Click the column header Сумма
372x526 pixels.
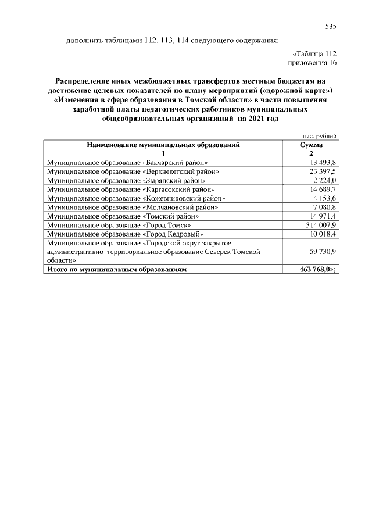click(311, 145)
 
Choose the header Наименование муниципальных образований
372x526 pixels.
click(163, 145)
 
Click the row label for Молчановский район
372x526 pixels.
click(133, 207)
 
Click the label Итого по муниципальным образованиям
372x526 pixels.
click(119, 270)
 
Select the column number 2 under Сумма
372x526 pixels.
click(311, 153)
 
